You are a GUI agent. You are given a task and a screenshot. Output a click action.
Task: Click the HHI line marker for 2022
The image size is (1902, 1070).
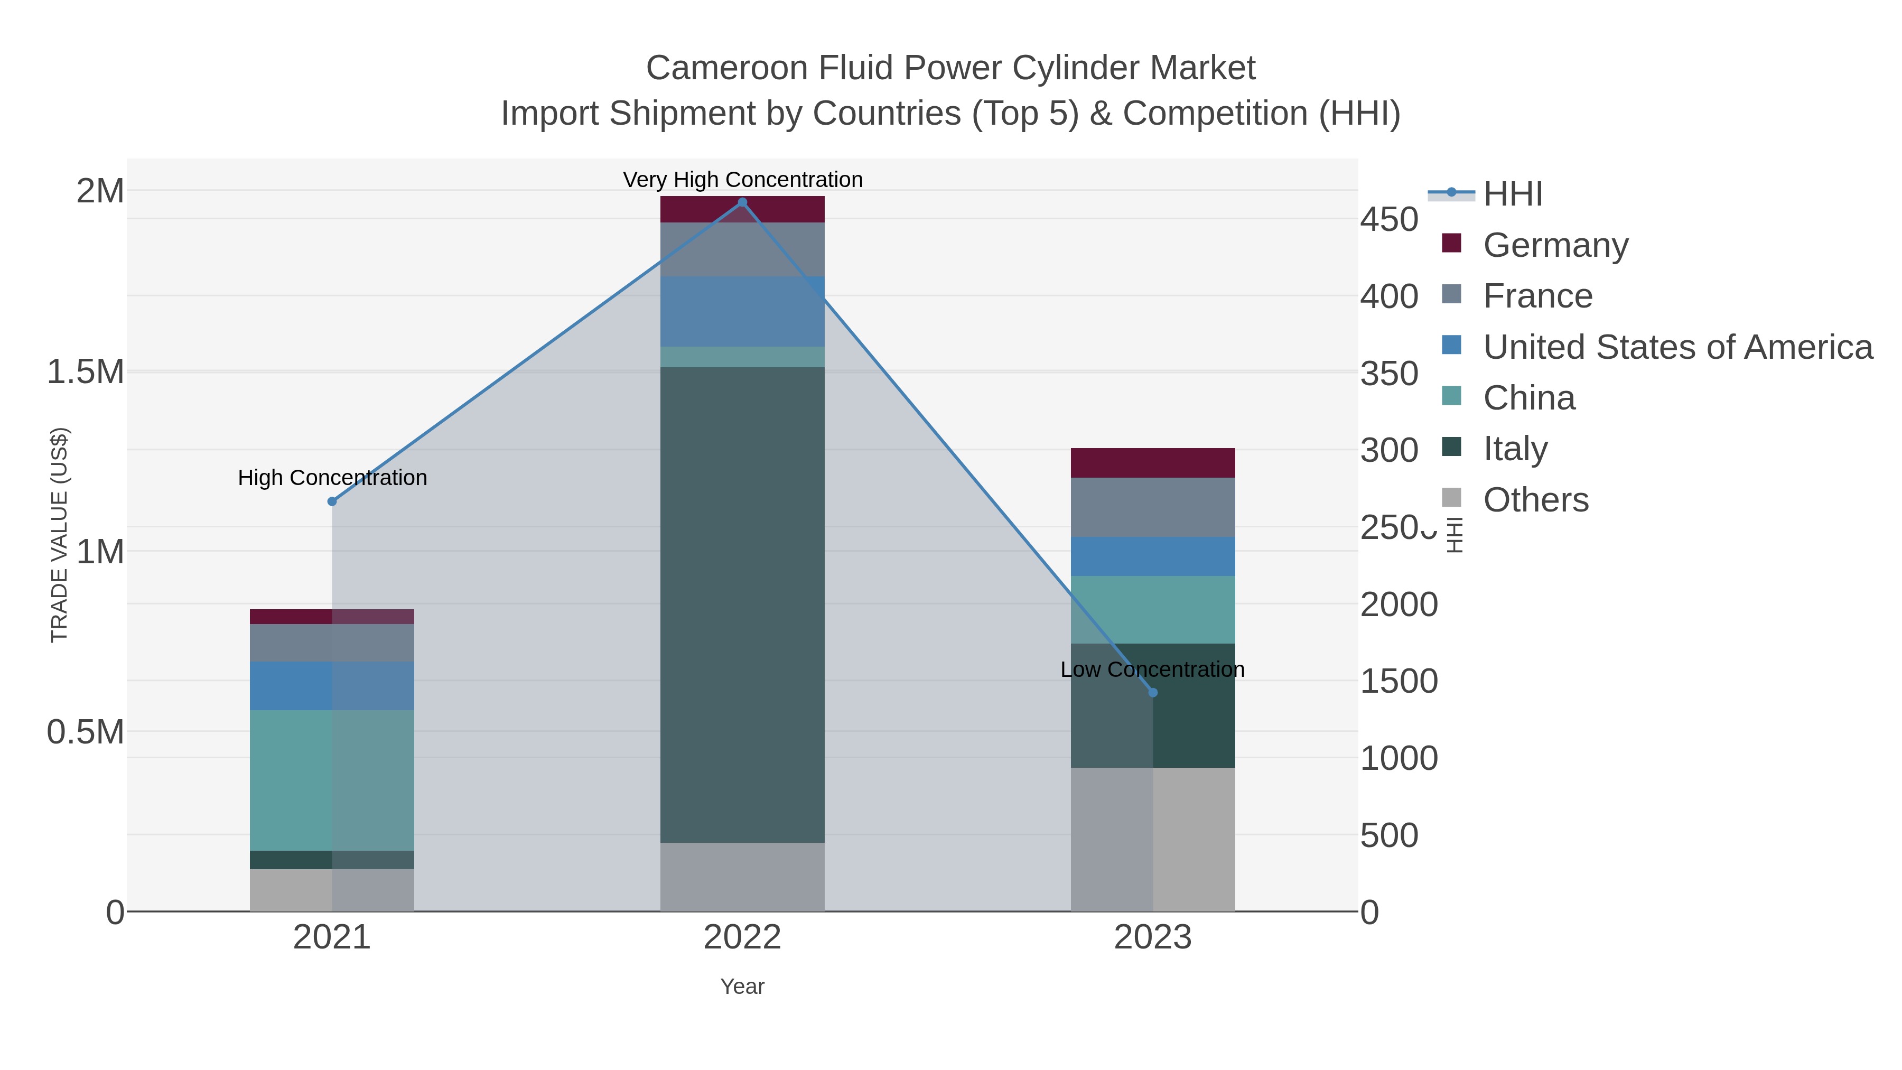point(742,202)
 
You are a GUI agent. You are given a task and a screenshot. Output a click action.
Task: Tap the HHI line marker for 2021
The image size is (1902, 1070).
point(331,501)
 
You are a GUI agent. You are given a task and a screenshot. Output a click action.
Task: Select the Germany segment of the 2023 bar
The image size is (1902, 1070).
point(1153,463)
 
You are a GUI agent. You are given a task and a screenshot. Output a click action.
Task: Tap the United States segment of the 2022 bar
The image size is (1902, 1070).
point(742,312)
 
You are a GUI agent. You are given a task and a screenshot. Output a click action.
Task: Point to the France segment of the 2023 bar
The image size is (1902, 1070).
point(1153,507)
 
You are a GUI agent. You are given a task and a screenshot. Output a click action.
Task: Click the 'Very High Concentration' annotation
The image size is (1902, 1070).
point(742,180)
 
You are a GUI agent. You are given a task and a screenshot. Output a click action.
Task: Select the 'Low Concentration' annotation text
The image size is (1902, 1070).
point(1152,670)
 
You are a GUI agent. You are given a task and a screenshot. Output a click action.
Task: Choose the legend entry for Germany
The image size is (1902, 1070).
point(1555,245)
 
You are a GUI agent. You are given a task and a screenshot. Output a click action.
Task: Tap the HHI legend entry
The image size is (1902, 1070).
point(1512,194)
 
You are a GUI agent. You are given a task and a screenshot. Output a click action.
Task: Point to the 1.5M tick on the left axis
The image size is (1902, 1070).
point(86,371)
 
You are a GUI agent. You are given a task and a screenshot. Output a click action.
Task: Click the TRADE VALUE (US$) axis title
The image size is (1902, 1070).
point(59,535)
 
